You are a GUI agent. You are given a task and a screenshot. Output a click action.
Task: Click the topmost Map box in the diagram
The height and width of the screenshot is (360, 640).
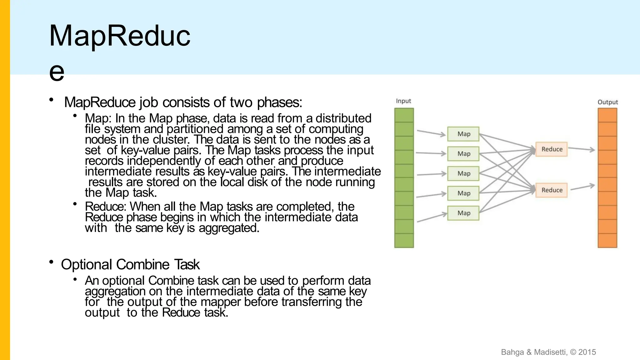point(463,134)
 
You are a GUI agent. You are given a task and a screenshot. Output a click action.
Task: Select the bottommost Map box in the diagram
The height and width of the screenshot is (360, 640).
point(463,213)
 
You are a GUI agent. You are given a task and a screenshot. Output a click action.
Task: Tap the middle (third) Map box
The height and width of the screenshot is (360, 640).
point(463,173)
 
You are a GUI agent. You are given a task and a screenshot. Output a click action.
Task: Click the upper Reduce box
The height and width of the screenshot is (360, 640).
point(552,149)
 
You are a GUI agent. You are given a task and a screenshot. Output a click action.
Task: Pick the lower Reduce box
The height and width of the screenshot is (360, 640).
point(552,190)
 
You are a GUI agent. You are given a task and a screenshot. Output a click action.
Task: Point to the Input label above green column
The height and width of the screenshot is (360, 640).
point(403,101)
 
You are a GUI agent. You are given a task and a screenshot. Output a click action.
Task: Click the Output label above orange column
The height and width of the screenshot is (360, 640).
point(607,102)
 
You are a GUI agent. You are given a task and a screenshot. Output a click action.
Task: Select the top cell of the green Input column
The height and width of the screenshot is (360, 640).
point(404,115)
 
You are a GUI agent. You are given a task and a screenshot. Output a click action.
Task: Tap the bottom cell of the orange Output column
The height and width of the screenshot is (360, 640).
point(607,241)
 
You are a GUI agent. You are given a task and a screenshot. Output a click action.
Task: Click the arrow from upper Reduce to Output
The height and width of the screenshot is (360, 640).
point(581,149)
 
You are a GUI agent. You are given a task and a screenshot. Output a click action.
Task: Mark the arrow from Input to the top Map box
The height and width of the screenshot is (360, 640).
point(431,133)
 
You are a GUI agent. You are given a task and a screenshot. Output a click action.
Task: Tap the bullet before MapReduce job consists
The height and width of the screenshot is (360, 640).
point(51,100)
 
